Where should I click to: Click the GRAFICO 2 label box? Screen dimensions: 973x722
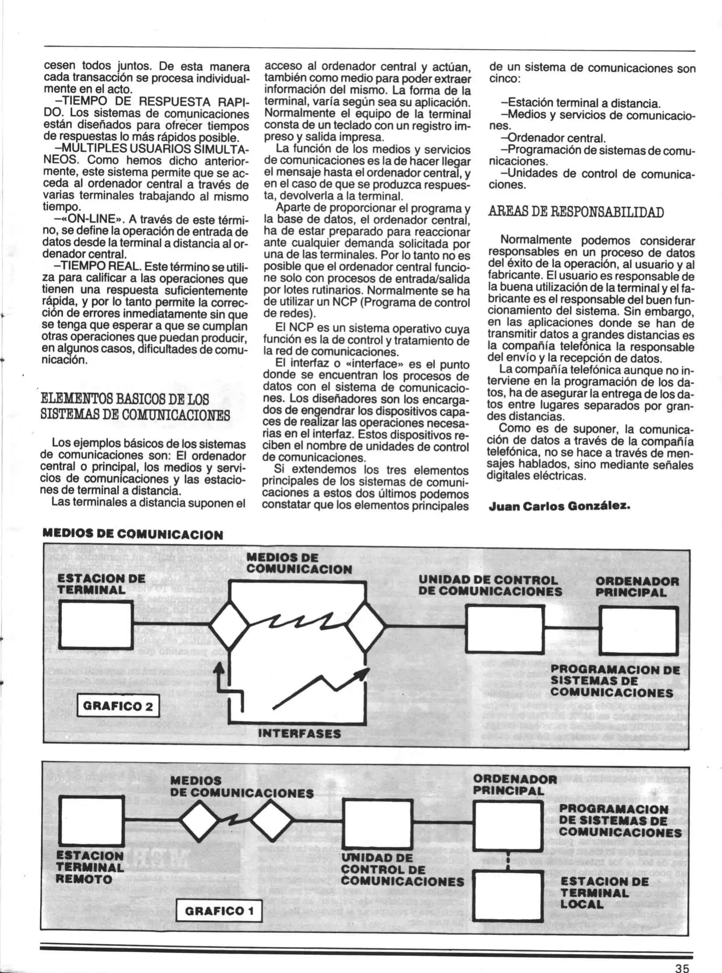click(x=118, y=706)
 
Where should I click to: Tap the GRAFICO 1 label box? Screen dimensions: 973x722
click(x=219, y=911)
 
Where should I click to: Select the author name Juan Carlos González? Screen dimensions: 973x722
click(x=559, y=506)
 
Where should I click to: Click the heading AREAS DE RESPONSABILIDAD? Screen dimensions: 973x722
click(x=576, y=212)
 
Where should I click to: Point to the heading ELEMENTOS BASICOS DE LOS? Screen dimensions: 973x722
click(x=125, y=399)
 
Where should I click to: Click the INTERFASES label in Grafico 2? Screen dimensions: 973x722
click(x=299, y=734)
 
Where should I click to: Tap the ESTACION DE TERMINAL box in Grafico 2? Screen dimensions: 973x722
click(x=96, y=625)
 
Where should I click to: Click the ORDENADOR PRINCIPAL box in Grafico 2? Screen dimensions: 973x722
click(x=639, y=630)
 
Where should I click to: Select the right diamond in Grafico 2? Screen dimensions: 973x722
click(x=366, y=626)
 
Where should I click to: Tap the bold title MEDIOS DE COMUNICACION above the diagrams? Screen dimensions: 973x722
click(x=133, y=535)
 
